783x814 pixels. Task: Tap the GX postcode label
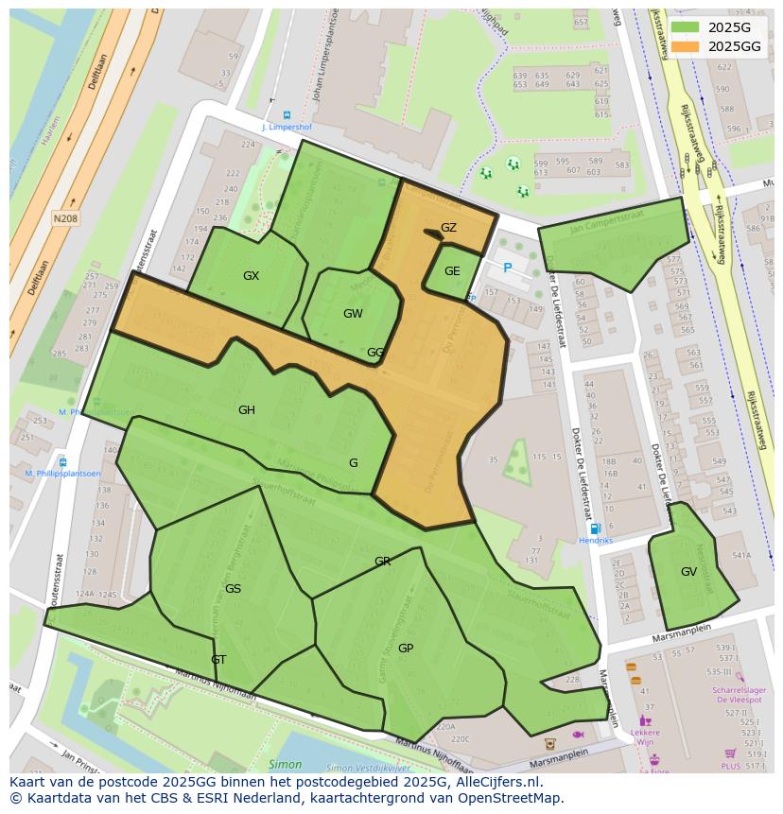click(251, 276)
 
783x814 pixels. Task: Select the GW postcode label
click(353, 314)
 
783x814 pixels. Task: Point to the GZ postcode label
click(448, 228)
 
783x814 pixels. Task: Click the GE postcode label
click(452, 271)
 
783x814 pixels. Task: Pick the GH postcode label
click(247, 410)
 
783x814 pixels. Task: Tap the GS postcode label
click(233, 589)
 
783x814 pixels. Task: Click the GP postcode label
click(406, 649)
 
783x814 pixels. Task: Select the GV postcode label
click(688, 572)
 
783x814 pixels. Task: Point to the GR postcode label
click(382, 562)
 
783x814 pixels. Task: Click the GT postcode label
click(218, 660)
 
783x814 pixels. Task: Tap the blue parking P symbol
click(508, 268)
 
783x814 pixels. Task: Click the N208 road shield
click(65, 218)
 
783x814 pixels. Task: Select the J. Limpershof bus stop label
click(287, 126)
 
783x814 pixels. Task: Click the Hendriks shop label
click(597, 541)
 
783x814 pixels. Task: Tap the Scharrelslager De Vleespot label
click(739, 695)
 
